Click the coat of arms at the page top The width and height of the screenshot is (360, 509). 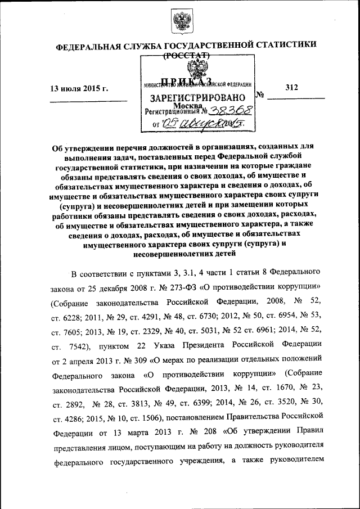[181, 21]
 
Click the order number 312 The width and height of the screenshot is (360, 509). [291, 87]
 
